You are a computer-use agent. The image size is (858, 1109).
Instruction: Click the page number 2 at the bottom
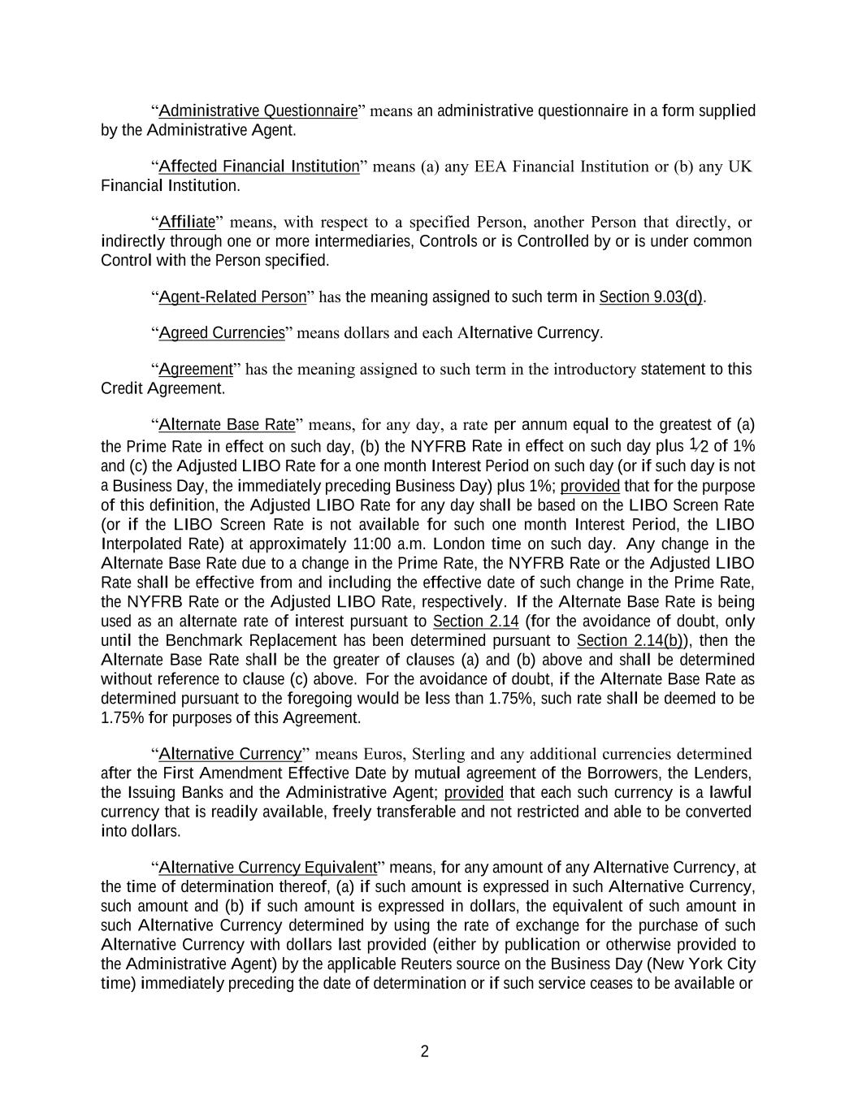pyautogui.click(x=424, y=1052)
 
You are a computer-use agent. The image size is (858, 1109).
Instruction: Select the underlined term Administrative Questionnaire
pyautogui.click(x=258, y=110)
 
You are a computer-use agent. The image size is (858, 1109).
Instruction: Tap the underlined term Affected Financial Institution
pyautogui.click(x=258, y=167)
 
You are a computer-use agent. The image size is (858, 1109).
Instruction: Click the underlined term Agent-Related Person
pyautogui.click(x=232, y=297)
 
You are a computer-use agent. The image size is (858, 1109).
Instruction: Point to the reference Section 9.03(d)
pyautogui.click(x=651, y=297)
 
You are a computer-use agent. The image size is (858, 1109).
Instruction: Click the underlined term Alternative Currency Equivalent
pyautogui.click(x=268, y=867)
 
